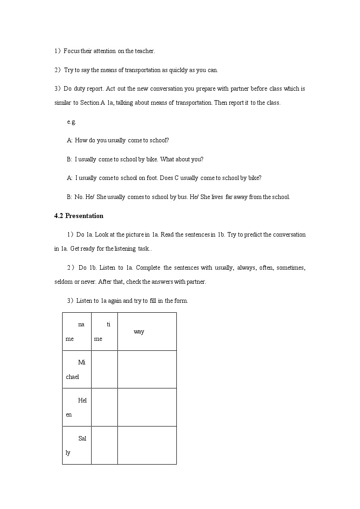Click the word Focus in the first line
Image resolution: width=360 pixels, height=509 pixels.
point(72,51)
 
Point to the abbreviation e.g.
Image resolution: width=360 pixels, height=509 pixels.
point(72,121)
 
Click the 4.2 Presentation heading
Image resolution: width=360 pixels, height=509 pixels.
point(79,216)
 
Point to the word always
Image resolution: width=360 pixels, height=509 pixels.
point(246,268)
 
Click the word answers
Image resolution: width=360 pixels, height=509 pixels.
point(161,282)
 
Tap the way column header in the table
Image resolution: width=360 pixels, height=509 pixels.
point(139,332)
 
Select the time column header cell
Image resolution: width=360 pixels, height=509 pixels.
point(104,332)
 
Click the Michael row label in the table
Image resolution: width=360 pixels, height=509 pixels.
point(77,369)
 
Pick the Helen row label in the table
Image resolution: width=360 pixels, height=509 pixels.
point(77,407)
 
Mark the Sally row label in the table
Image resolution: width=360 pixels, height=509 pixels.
point(77,446)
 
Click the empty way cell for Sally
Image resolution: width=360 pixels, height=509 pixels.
point(147,446)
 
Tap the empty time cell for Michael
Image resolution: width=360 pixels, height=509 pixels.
point(104,369)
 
